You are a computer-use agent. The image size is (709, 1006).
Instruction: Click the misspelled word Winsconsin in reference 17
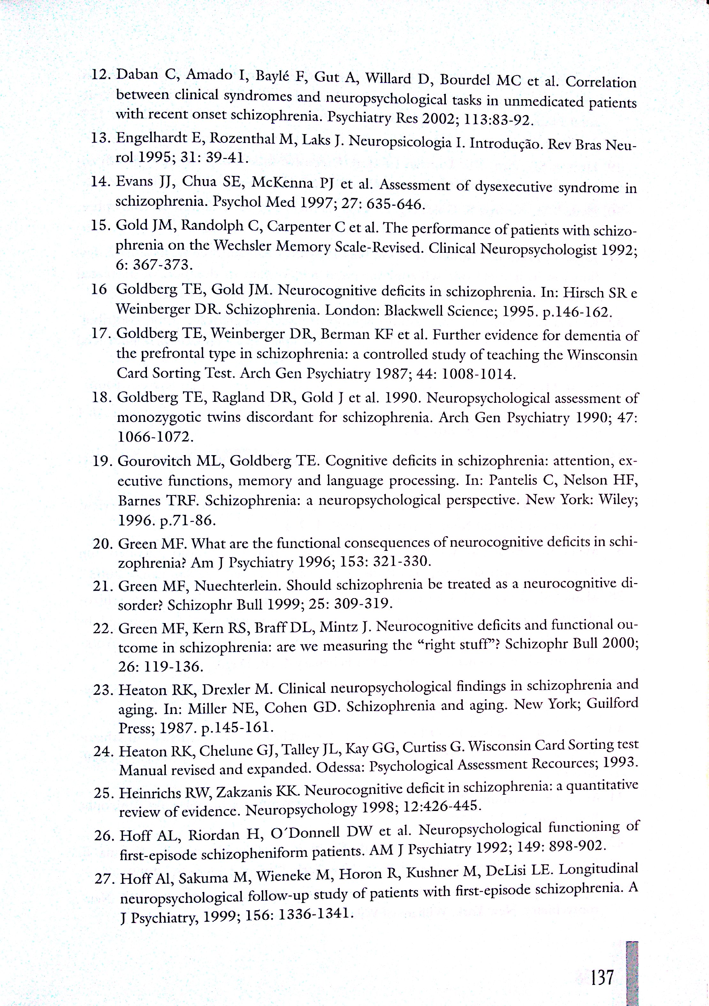pos(602,355)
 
